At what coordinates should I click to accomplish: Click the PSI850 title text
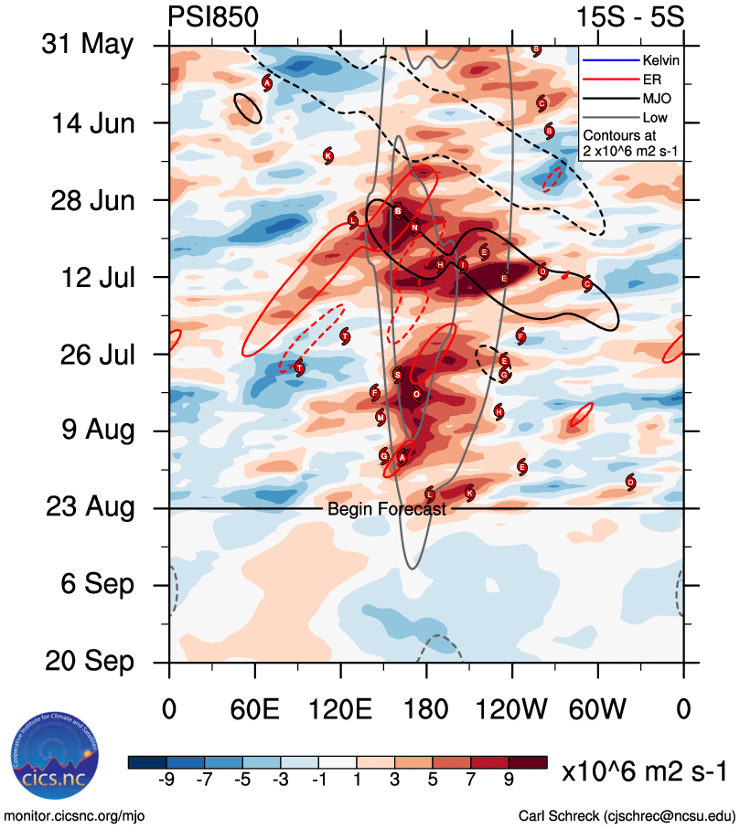(x=213, y=17)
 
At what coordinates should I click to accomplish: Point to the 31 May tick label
(x=88, y=45)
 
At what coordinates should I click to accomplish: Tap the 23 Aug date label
(x=89, y=507)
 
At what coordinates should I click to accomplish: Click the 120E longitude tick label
(x=340, y=708)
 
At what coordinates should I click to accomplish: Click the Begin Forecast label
(x=387, y=509)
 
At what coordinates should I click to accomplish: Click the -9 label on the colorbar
(x=166, y=780)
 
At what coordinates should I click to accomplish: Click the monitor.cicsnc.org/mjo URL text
(x=75, y=815)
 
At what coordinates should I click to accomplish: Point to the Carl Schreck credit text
(x=627, y=815)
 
